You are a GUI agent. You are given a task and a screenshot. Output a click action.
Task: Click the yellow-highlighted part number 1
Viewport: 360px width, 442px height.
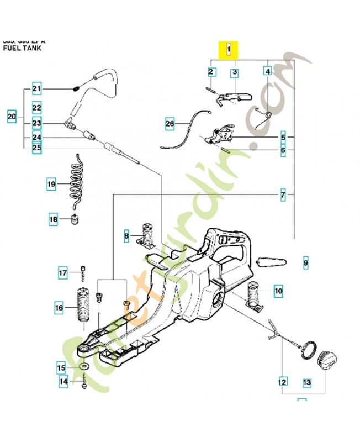(x=229, y=50)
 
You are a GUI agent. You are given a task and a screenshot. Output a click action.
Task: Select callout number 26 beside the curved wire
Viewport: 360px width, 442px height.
(x=170, y=124)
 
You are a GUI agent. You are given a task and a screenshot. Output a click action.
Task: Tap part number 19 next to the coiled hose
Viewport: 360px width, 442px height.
(x=51, y=183)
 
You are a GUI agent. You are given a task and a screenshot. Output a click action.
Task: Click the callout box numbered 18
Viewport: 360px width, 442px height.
(x=53, y=220)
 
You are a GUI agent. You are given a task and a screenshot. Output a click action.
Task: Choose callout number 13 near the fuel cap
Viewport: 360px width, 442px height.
(x=307, y=382)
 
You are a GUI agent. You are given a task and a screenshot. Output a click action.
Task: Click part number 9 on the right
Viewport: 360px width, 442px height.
(x=306, y=264)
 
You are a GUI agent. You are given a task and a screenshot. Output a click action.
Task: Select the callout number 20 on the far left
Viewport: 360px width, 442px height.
(x=12, y=117)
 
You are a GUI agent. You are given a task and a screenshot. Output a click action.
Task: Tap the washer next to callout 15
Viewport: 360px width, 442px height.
(x=82, y=367)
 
